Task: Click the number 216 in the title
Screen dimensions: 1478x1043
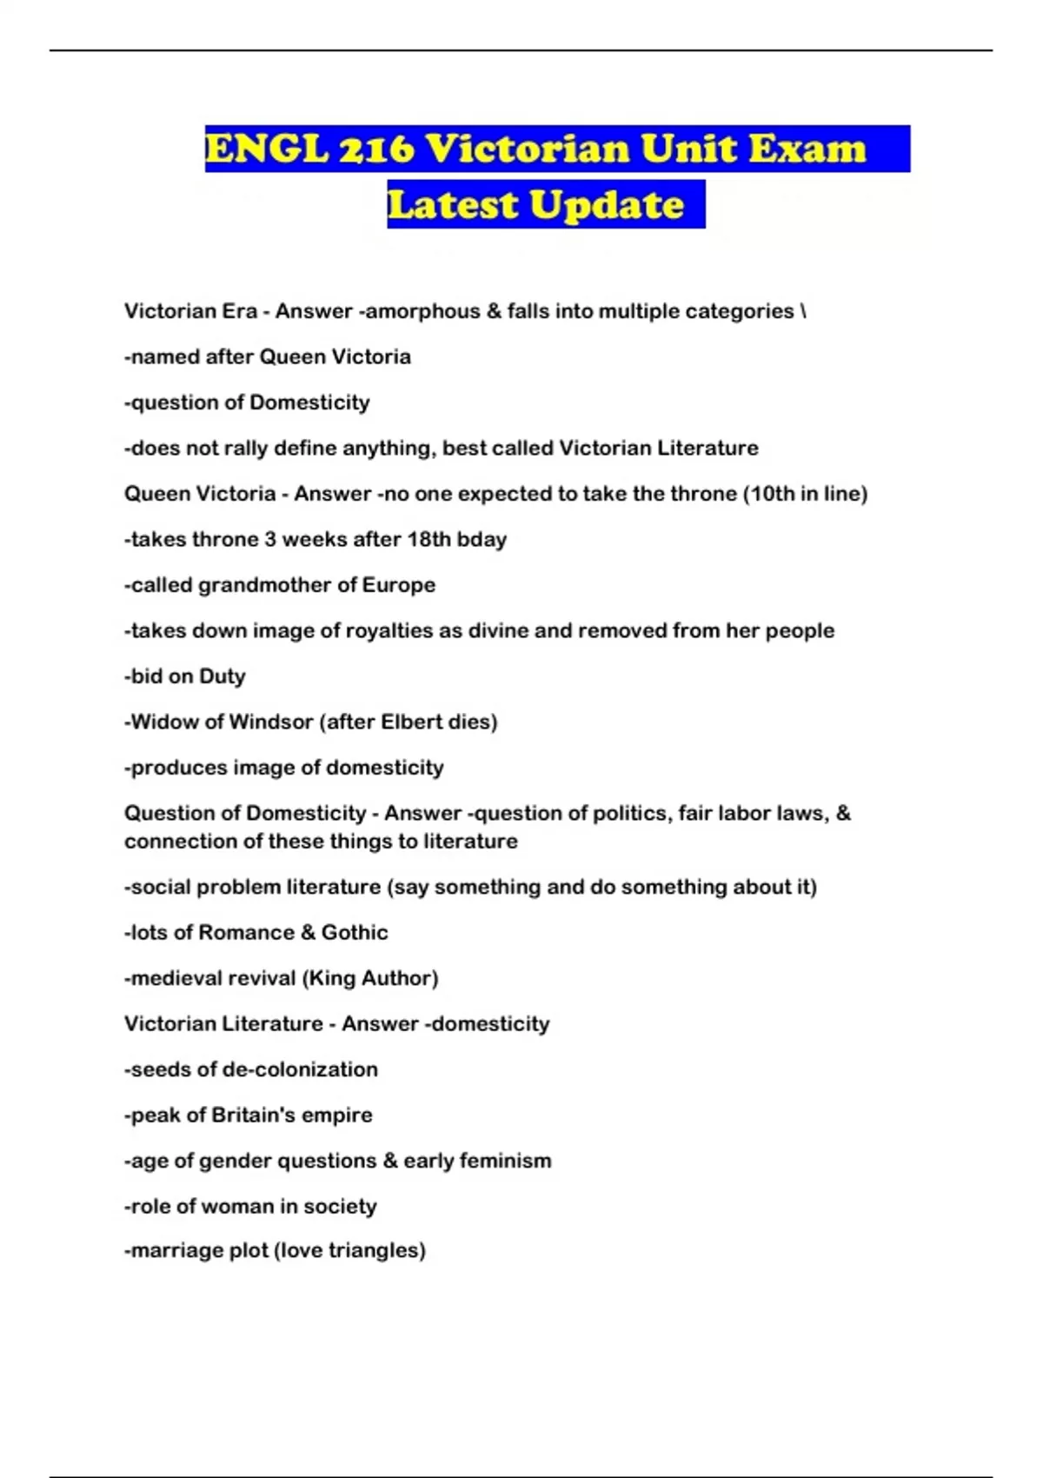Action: (376, 149)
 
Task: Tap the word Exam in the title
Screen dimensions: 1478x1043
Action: (807, 149)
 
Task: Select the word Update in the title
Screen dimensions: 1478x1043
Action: (607, 205)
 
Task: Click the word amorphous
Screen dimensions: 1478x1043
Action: (422, 311)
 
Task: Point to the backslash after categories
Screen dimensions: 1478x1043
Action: (803, 311)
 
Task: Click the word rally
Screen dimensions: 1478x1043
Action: (245, 448)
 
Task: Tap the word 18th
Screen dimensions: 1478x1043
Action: (428, 539)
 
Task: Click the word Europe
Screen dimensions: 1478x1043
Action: (398, 585)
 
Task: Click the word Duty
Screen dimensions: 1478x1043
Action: (223, 676)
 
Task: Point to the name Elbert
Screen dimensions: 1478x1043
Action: (412, 722)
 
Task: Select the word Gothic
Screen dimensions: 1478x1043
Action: (355, 933)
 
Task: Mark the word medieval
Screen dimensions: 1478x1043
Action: (170, 978)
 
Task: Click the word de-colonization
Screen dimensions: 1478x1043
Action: (300, 1069)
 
